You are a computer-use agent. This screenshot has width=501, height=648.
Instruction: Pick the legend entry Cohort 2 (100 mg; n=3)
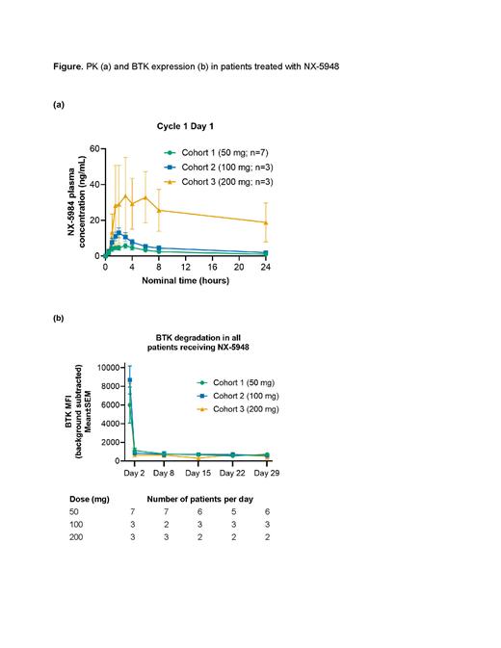coord(220,166)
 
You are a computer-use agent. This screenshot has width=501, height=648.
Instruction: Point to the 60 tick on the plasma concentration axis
coord(93,148)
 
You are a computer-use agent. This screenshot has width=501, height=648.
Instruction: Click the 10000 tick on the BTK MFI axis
coord(86,367)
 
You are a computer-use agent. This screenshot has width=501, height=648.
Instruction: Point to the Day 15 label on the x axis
coord(198,472)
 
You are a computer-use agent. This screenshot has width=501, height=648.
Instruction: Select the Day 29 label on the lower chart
coord(266,472)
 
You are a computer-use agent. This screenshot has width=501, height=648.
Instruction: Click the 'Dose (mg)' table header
coord(82,500)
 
